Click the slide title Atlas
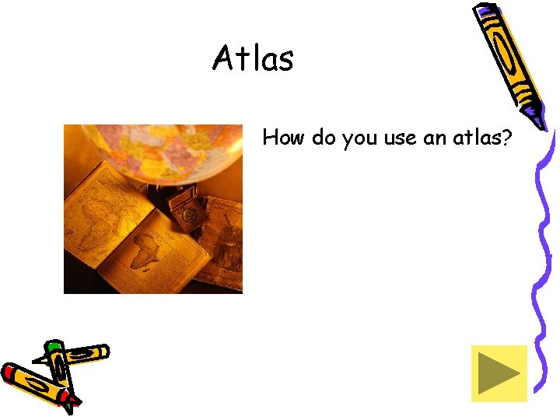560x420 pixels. (253, 58)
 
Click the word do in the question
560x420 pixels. (324, 138)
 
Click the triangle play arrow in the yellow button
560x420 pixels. (498, 373)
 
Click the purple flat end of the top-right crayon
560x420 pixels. (486, 12)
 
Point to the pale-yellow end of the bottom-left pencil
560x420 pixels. (102, 352)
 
